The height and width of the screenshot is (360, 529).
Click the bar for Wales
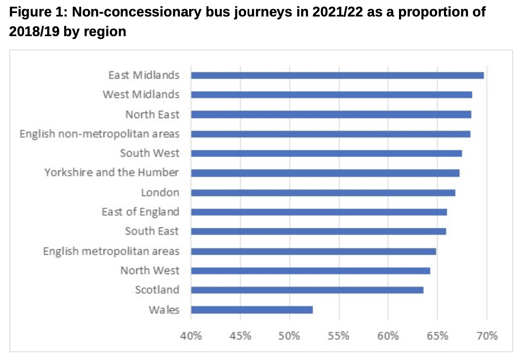tap(252, 310)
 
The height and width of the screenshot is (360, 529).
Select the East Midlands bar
tap(337, 75)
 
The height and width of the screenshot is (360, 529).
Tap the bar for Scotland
tap(307, 290)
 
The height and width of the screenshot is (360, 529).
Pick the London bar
tap(323, 193)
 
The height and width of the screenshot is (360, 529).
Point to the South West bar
tap(327, 153)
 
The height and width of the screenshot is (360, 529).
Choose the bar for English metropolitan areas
tap(314, 252)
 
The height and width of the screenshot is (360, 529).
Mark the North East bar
tap(331, 114)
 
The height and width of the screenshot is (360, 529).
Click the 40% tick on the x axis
tap(191, 336)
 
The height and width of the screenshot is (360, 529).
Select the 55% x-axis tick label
tap(339, 336)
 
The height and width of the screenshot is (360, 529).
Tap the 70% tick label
tap(487, 336)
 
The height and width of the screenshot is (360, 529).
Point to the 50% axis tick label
tap(290, 336)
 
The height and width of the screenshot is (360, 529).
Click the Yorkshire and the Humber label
tap(112, 173)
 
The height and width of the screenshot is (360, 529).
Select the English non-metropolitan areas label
tap(99, 134)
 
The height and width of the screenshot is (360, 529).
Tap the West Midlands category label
tap(141, 95)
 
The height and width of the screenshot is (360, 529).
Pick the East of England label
tap(140, 212)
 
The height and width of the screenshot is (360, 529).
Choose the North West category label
tap(150, 271)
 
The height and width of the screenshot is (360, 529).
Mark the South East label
tap(152, 231)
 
